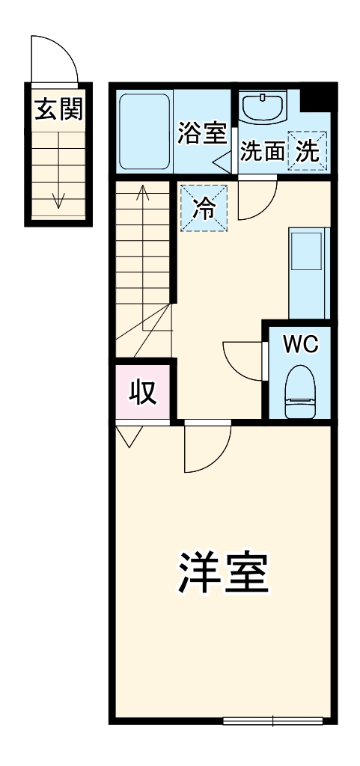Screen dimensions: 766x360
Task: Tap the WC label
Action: coord(301,344)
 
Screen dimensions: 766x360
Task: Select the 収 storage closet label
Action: coord(144,391)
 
